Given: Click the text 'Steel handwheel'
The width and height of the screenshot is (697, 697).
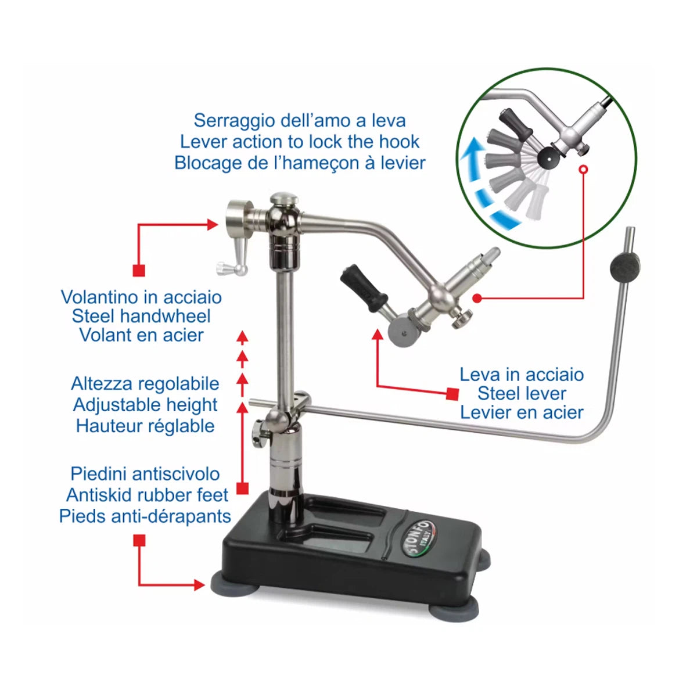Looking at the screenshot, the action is [141, 316].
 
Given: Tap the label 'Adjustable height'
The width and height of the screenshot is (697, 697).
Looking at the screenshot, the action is [145, 405].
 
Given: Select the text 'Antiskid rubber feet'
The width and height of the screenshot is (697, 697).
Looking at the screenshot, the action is [147, 495].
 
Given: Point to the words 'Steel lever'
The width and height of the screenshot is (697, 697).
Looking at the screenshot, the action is [522, 394].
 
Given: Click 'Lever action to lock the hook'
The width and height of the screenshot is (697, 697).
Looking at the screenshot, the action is [300, 142].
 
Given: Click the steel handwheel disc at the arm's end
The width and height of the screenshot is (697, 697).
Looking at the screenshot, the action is [240, 217].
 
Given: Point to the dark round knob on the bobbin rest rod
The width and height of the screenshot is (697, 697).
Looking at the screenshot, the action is [624, 267].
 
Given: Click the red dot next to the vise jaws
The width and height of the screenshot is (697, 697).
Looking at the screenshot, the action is [477, 298].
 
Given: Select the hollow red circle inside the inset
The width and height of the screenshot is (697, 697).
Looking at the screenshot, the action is [583, 169].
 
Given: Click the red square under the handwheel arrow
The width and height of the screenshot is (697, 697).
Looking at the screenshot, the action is [139, 271].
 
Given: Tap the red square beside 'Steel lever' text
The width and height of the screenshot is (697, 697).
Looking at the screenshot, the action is [452, 394].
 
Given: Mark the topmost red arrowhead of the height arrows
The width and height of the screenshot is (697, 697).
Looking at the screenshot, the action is [242, 336].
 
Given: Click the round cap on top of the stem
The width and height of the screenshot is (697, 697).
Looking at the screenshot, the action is [284, 198].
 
